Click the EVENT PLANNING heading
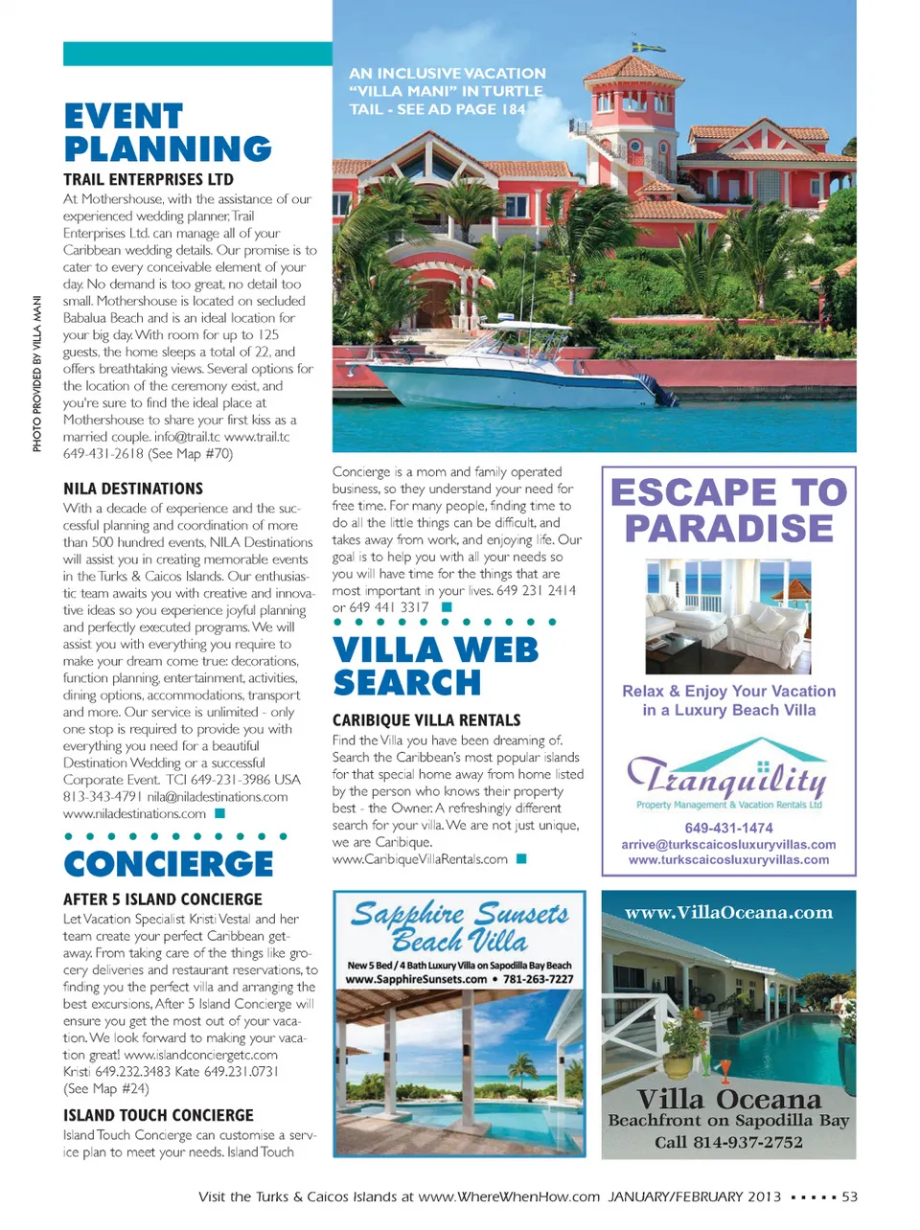tap(168, 133)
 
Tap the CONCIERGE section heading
tap(169, 864)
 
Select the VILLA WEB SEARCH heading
tap(436, 666)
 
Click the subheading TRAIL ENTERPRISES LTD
tap(149, 179)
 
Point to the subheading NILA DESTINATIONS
tap(133, 489)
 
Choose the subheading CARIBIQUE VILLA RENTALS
tap(426, 720)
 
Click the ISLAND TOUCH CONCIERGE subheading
tap(158, 1115)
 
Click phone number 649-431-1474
tap(728, 828)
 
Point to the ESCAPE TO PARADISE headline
tap(729, 510)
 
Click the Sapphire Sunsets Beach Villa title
tap(459, 926)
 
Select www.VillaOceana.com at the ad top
tap(728, 913)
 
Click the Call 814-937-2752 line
tap(728, 1142)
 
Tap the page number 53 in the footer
tap(849, 1196)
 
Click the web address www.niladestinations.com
tap(134, 813)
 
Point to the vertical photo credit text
tap(37, 374)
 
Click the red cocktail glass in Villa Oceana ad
tap(725, 1069)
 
